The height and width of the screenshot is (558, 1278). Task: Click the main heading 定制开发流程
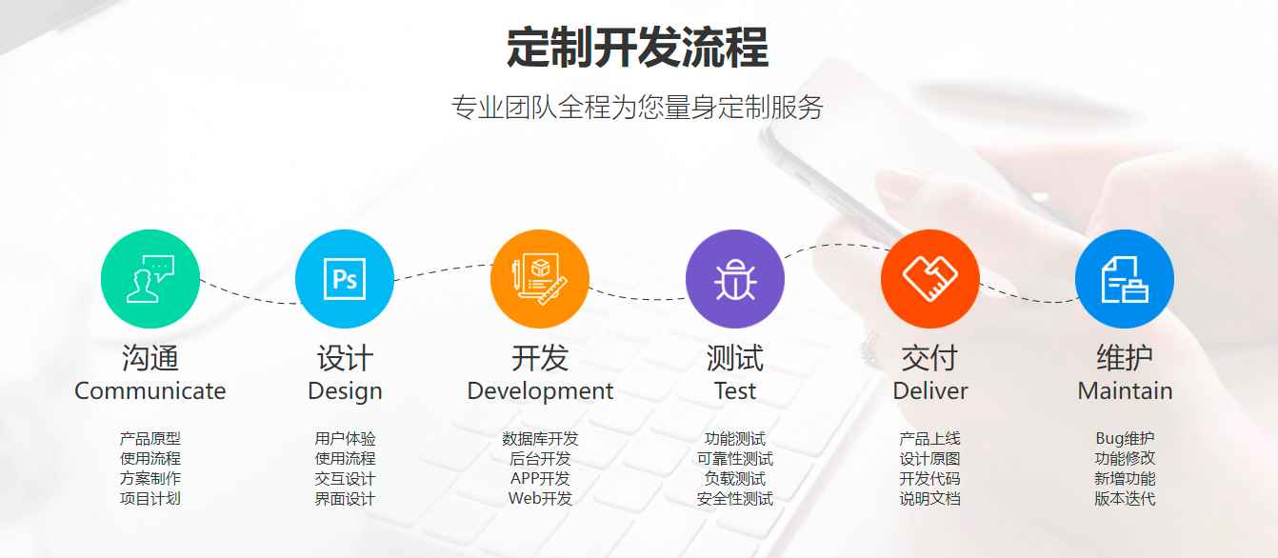[x=637, y=48]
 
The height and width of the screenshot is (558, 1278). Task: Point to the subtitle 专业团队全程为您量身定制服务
[x=637, y=108]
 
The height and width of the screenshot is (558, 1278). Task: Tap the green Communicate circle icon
[x=150, y=279]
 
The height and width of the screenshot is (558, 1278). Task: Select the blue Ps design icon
[x=345, y=279]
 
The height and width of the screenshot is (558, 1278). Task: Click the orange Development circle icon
[x=540, y=279]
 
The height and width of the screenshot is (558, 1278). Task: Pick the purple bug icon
[x=735, y=279]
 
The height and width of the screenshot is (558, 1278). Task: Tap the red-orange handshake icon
[x=930, y=279]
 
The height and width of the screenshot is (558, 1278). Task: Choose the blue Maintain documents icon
[x=1125, y=279]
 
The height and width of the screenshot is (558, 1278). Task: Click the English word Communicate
[x=150, y=390]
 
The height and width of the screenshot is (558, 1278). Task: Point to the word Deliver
[x=930, y=390]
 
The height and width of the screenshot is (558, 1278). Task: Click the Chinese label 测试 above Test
[x=735, y=358]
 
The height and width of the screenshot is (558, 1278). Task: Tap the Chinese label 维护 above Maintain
[x=1125, y=358]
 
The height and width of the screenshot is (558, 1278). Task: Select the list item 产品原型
[x=150, y=438]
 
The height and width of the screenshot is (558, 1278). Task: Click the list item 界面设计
[x=345, y=499]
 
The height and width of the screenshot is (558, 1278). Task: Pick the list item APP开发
[x=540, y=478]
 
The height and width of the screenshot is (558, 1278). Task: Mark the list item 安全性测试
[x=735, y=499]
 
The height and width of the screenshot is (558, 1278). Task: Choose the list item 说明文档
[x=930, y=499]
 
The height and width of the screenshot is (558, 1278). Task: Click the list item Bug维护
[x=1125, y=438]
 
